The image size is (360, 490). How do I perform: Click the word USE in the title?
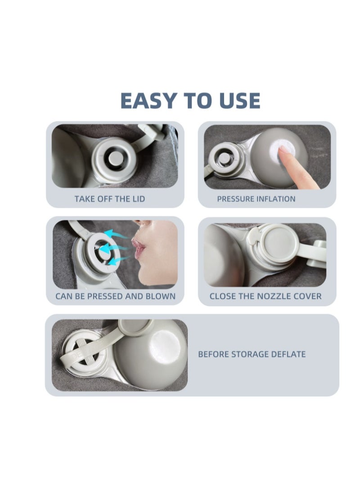point(240,101)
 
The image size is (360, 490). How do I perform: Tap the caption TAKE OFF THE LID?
point(110,199)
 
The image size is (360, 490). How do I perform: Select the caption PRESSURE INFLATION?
point(256,199)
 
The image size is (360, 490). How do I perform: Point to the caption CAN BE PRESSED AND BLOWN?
point(115,296)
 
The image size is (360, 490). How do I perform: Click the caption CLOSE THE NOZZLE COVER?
point(265,296)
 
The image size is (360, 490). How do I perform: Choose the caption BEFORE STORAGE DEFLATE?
point(252,354)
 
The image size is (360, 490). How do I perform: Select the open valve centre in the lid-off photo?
point(114,159)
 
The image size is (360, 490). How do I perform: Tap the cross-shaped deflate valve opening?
point(83,355)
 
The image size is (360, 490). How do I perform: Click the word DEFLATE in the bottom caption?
point(288,354)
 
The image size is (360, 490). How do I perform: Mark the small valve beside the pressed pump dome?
point(225,158)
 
